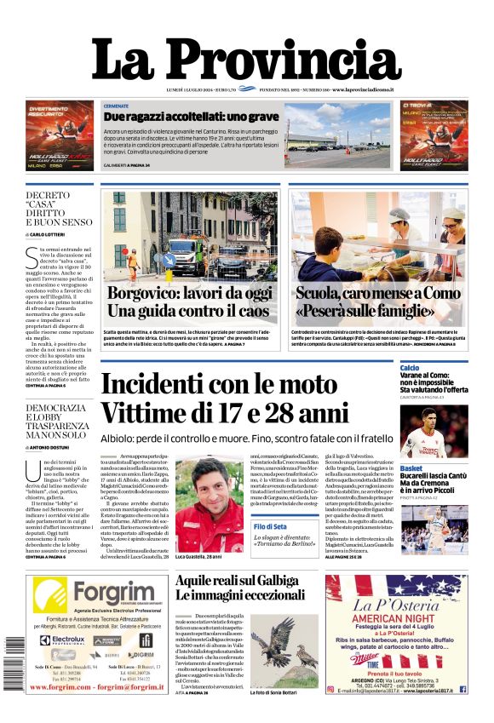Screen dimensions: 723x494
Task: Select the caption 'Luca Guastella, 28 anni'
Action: (x=198, y=556)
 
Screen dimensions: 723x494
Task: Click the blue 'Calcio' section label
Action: (x=410, y=368)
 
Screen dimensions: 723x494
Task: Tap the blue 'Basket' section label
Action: (x=411, y=468)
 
